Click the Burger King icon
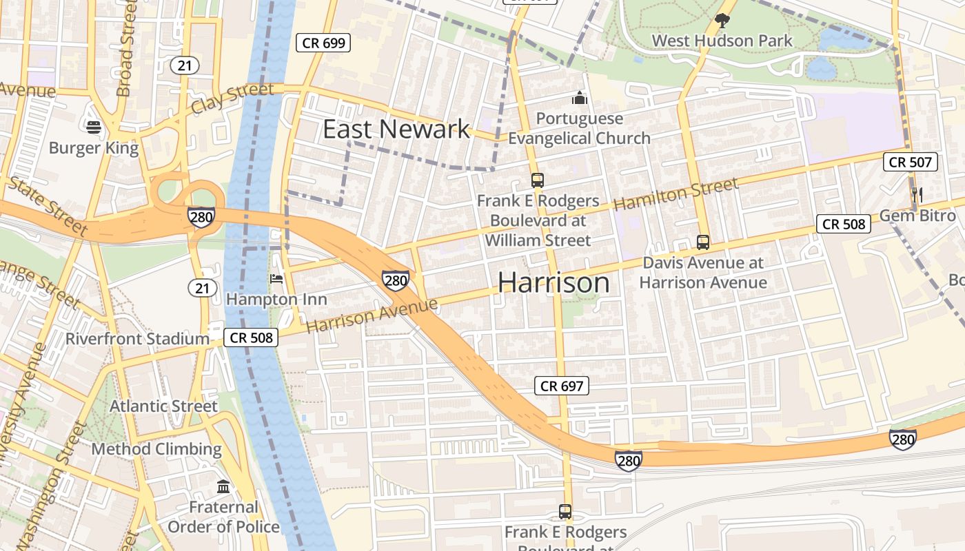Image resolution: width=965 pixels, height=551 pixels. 94,127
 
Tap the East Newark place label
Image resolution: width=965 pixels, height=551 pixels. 396,129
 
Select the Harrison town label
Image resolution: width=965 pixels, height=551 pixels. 553,282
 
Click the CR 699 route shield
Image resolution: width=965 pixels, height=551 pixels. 324,43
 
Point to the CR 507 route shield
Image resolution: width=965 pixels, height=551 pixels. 911,163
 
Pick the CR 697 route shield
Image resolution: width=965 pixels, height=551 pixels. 562,386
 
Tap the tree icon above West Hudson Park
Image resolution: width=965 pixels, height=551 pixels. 722,21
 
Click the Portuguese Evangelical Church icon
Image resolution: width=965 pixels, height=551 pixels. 580,98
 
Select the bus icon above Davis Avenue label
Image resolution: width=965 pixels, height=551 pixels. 702,242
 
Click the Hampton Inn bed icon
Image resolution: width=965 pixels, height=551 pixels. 276,279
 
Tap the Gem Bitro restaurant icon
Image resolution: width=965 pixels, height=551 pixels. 917,195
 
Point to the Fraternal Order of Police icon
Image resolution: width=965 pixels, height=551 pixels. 223,487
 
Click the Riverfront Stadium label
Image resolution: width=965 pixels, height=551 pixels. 137,339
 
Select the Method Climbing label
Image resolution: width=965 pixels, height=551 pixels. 156,450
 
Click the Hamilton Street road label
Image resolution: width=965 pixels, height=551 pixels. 675,194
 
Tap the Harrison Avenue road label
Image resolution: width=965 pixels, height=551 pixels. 372,315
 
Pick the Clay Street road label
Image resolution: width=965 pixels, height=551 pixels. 232,98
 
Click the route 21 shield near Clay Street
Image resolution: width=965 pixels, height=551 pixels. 185,65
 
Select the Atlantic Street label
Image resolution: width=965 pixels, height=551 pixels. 163,406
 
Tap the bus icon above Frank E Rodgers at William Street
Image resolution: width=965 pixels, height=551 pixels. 537,180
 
